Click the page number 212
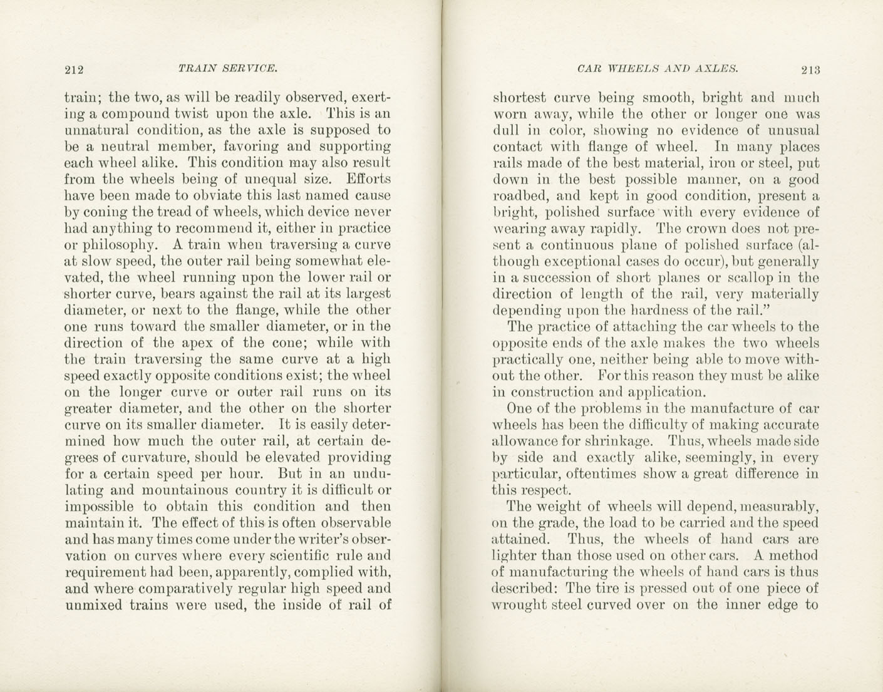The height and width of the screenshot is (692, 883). pyautogui.click(x=74, y=70)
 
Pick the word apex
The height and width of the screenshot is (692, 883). pyautogui.click(x=195, y=343)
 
